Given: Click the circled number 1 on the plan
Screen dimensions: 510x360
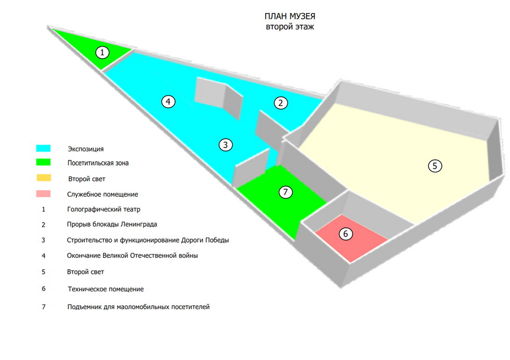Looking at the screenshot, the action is [102, 52].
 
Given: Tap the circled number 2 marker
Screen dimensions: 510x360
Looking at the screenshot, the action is [280, 103].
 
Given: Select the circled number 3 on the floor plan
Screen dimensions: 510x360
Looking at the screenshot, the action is [226, 145].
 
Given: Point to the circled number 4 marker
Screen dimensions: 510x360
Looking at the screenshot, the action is [168, 101].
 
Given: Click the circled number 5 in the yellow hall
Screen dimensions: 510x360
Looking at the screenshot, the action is [435, 166].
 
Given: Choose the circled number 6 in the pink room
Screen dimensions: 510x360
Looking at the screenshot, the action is [346, 234].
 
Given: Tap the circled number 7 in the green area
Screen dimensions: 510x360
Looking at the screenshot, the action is [286, 192].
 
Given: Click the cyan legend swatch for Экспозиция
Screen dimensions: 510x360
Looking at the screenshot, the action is [43, 149].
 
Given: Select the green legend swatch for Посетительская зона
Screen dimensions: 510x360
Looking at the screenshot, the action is [43, 162].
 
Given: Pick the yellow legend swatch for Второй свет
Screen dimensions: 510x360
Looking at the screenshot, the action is [44, 177].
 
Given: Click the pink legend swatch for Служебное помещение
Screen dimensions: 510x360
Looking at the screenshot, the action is [43, 194].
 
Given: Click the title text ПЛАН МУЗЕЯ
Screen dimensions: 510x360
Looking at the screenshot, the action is [290, 16].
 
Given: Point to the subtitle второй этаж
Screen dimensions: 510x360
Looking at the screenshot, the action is [290, 27].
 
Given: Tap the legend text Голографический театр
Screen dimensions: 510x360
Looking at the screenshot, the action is [104, 209].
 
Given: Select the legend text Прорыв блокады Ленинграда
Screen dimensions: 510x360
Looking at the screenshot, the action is [112, 225].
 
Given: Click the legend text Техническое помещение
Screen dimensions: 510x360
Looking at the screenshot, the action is [106, 289].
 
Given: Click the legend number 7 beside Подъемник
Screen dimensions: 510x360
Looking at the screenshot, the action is [44, 307].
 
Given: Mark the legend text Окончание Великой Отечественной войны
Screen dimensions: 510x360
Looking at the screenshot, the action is [133, 256].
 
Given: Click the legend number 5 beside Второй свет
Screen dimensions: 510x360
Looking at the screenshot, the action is [44, 272].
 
